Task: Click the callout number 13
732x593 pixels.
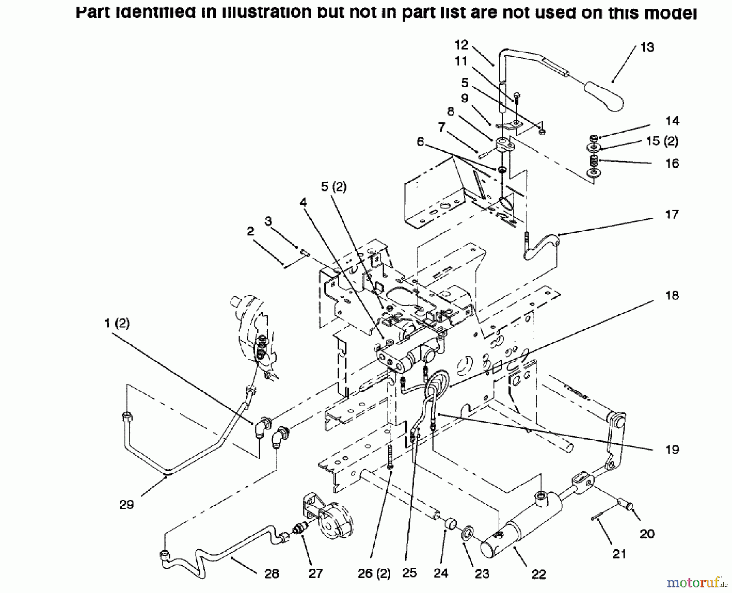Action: pos(647,47)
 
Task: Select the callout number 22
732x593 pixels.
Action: pos(538,574)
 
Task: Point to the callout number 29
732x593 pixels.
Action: pos(126,505)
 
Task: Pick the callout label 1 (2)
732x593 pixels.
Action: pos(117,324)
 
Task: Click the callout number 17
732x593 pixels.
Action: pos(672,214)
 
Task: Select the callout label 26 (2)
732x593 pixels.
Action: pos(374,574)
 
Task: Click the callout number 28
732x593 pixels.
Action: pos(272,574)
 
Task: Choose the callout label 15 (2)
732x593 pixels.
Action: pos(662,141)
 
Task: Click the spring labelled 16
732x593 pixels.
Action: pos(594,161)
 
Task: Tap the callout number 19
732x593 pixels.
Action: pos(672,449)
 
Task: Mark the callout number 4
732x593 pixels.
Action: pos(303,203)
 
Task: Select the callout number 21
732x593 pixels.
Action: pos(619,554)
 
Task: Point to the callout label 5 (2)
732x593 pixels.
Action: pos(333,187)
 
